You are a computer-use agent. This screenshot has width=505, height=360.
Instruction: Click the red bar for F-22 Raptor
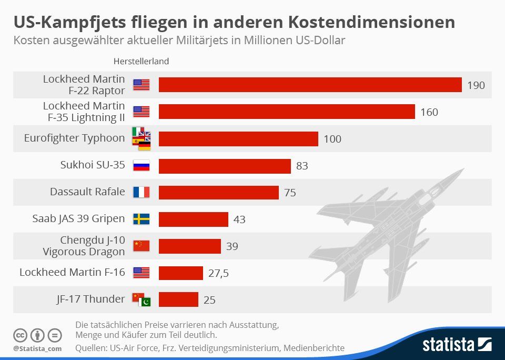pos(310,85)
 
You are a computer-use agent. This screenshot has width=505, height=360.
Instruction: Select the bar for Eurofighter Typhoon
pos(238,139)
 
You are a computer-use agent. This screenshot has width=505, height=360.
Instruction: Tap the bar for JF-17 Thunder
pos(178,299)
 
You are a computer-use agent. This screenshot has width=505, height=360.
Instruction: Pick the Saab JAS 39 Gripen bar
pos(193,219)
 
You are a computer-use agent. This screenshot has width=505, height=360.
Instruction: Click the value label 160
pos(429,112)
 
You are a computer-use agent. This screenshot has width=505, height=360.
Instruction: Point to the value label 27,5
pos(218,273)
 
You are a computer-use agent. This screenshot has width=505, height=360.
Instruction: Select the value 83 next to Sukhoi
pos(302,166)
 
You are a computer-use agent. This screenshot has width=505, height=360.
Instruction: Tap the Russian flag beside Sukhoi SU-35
pos(141,165)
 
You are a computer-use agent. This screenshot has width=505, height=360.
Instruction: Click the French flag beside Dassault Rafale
pos(141,192)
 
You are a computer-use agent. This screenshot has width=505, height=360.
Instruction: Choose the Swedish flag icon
pos(141,219)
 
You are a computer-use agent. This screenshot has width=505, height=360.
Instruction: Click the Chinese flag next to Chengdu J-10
pos(141,246)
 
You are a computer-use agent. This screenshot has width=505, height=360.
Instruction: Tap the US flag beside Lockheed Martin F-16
pos(141,273)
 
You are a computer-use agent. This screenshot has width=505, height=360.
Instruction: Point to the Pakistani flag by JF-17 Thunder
pos(146,302)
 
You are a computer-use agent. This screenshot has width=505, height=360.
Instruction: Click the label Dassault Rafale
pos(87,192)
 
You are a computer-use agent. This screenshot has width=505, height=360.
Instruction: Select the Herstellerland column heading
pos(141,61)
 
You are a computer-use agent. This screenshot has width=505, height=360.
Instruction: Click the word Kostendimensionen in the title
pos(370,22)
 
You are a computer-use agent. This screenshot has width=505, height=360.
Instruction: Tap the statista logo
pos(457,345)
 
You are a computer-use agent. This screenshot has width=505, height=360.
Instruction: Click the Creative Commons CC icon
pos(20,335)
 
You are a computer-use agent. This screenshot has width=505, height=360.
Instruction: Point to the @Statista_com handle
pos(37,348)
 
